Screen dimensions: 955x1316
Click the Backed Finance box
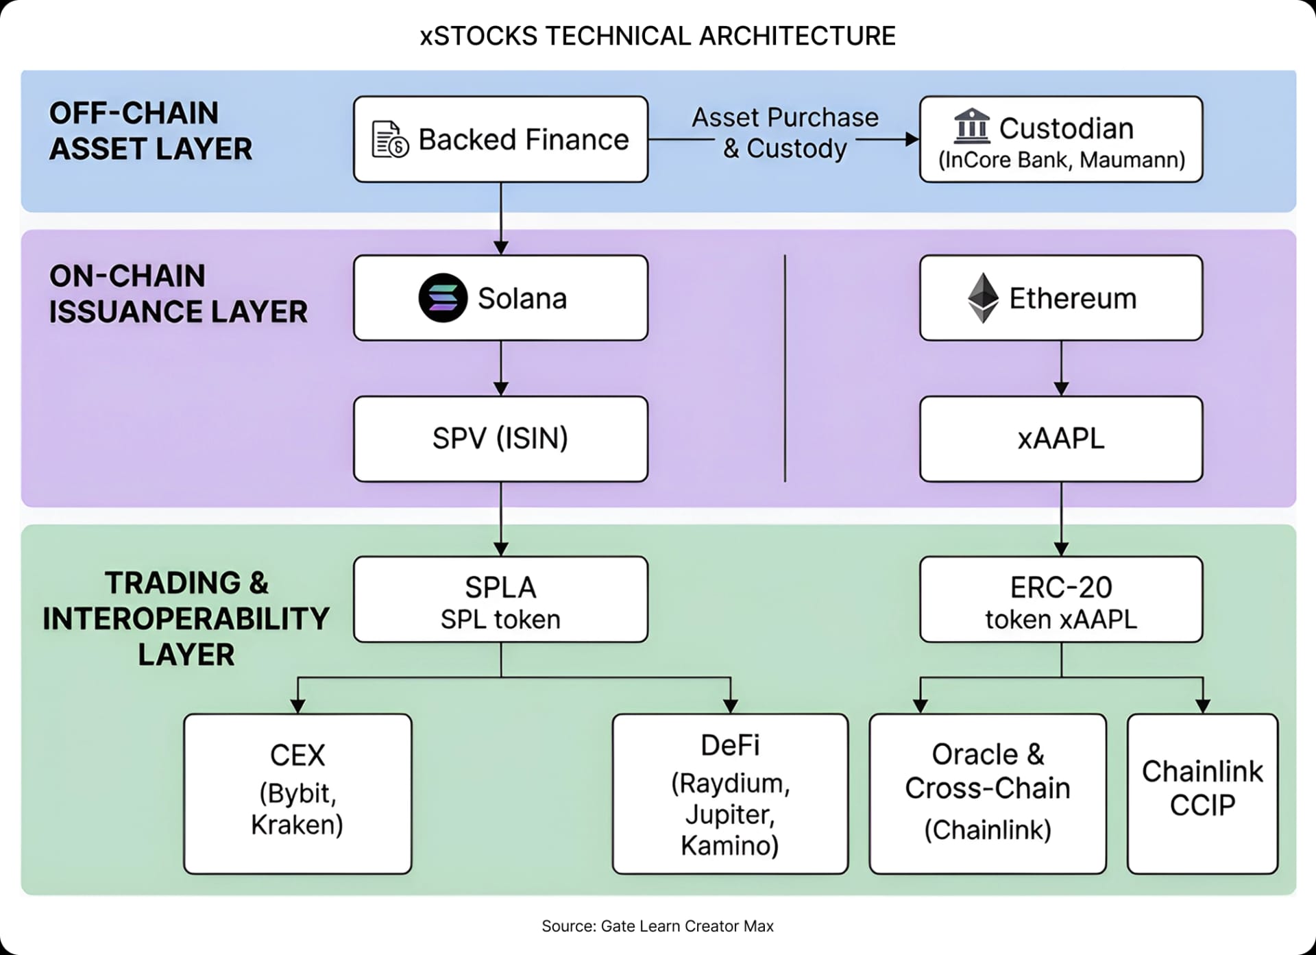(x=500, y=139)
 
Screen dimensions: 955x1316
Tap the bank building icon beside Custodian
(x=971, y=126)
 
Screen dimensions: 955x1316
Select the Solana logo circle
(x=443, y=298)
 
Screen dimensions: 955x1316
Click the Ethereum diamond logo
(x=983, y=298)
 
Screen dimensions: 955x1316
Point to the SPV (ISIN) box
(x=500, y=439)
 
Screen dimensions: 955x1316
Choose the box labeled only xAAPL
(x=1060, y=439)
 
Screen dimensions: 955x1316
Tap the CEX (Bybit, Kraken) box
(x=297, y=793)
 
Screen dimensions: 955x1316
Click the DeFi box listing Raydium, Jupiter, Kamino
(x=730, y=793)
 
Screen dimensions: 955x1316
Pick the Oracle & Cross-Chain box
(x=987, y=793)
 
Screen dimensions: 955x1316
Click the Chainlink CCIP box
(x=1202, y=793)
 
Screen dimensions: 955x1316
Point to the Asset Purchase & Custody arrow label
(x=785, y=133)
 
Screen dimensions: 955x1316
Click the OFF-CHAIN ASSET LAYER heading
(x=151, y=131)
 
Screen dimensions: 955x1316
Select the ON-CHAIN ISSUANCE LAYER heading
(x=178, y=294)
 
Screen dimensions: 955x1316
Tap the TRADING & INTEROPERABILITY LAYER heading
(x=186, y=618)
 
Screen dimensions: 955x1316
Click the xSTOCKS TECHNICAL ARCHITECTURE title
(x=657, y=36)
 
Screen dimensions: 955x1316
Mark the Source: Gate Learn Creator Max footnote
(x=657, y=926)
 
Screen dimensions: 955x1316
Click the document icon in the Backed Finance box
(x=389, y=139)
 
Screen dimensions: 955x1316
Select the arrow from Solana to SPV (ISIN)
(x=500, y=368)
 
